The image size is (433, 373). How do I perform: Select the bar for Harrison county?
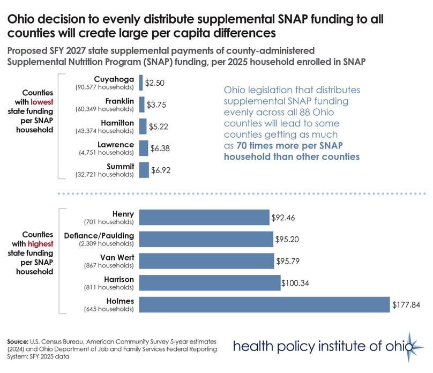pyautogui.click(x=210, y=282)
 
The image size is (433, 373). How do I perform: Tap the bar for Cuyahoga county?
pyautogui.click(x=141, y=83)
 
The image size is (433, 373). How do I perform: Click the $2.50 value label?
pyautogui.click(x=154, y=83)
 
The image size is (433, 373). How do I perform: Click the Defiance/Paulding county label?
pyautogui.click(x=99, y=236)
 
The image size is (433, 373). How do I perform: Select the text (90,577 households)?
pyautogui.click(x=104, y=86)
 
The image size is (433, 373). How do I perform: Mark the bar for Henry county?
pyautogui.click(x=204, y=217)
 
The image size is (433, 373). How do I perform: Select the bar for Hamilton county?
pyautogui.click(x=143, y=126)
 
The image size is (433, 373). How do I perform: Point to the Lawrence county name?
pyautogui.click(x=116, y=144)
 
